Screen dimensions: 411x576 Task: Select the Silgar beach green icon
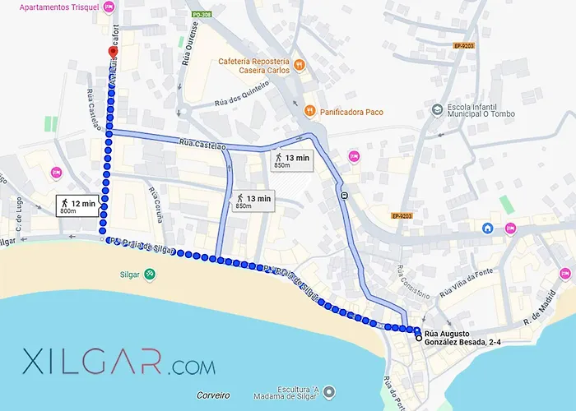click(x=149, y=275)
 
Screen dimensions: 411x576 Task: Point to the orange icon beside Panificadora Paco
click(x=309, y=110)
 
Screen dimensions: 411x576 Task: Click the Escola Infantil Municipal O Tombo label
click(x=481, y=112)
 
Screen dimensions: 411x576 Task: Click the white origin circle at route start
click(x=419, y=338)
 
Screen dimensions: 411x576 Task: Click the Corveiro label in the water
click(x=213, y=395)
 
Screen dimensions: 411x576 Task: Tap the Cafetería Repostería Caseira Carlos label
click(x=253, y=67)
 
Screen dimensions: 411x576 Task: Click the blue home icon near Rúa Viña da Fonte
click(x=488, y=228)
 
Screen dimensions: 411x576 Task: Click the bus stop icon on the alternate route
click(x=342, y=196)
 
